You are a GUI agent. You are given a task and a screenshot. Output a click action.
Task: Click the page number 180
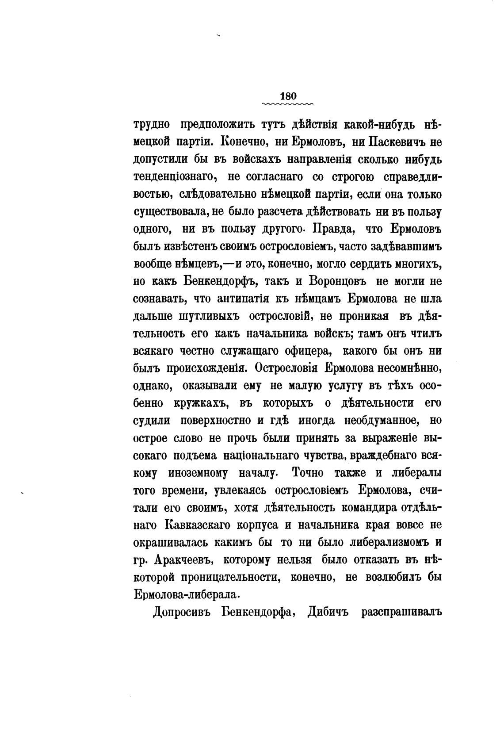(x=288, y=96)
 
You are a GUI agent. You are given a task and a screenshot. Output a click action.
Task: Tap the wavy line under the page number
(x=288, y=104)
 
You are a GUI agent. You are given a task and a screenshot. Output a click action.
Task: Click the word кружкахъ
(x=201, y=403)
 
